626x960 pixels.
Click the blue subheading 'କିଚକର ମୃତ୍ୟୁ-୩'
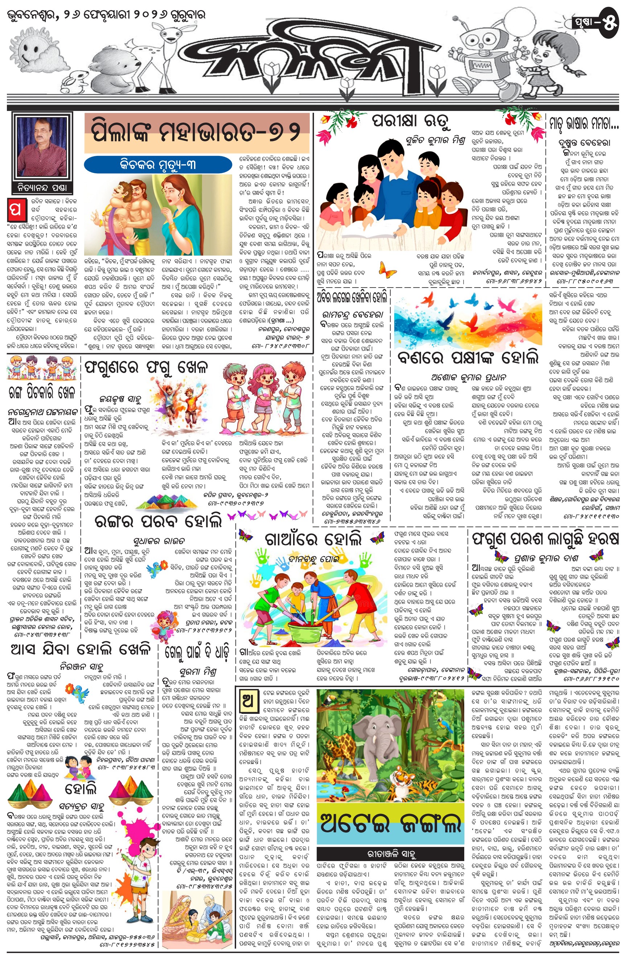[158, 165]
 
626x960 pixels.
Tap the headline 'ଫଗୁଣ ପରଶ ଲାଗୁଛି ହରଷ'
[545, 538]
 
